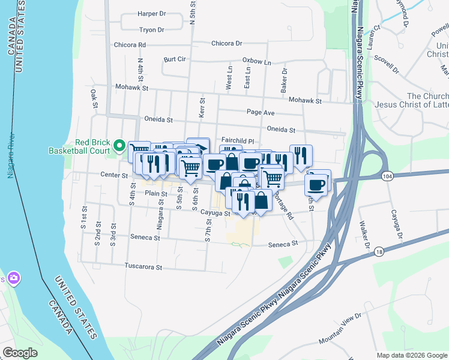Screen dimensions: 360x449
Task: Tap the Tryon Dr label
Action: (x=151, y=29)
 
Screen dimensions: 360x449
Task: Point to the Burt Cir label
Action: (x=175, y=60)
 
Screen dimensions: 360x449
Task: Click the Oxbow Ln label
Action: (x=256, y=61)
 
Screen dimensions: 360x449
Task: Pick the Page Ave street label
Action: (x=261, y=112)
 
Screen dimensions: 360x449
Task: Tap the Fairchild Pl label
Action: (x=238, y=140)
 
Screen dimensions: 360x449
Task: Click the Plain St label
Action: (x=155, y=193)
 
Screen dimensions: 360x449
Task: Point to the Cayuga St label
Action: (x=215, y=213)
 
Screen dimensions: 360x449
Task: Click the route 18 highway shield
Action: (x=379, y=253)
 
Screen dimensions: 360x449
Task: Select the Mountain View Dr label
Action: (x=341, y=327)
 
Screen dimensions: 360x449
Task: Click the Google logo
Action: (x=20, y=353)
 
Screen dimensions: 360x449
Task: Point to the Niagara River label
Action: (x=10, y=156)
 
